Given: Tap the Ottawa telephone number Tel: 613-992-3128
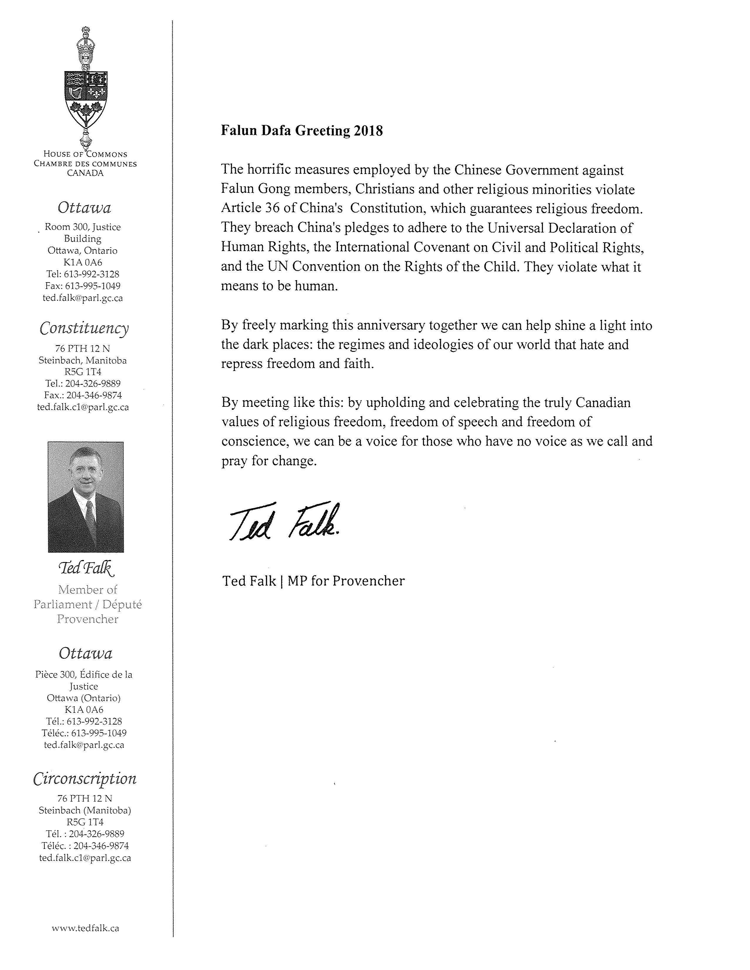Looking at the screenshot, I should click(83, 274).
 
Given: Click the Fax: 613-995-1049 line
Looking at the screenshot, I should click(83, 286).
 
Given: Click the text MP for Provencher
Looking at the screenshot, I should click(346, 581).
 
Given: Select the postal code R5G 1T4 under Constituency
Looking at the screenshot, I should click(83, 372).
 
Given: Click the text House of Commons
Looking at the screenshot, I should click(85, 154).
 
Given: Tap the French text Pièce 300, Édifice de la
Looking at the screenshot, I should click(84, 674).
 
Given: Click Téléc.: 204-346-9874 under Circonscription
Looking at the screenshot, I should click(85, 846).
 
